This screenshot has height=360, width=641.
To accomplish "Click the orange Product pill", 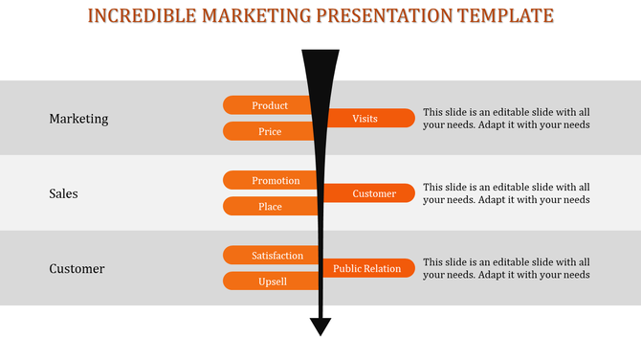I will pyautogui.click(x=268, y=105).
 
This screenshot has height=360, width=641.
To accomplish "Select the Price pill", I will pyautogui.click(x=268, y=131).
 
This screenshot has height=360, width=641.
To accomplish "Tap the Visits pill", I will pyautogui.click(x=368, y=119).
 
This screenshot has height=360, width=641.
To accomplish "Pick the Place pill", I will pyautogui.click(x=268, y=206).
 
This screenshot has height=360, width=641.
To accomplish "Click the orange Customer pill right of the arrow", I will pyautogui.click(x=373, y=193).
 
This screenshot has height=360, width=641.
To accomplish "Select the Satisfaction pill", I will pyautogui.click(x=272, y=256).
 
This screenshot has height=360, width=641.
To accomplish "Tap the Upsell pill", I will pyautogui.click(x=268, y=281).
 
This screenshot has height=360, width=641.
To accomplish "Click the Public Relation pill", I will pyautogui.click(x=369, y=269).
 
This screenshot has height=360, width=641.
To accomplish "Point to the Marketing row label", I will pyautogui.click(x=78, y=119).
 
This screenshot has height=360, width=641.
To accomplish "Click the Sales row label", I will pyautogui.click(x=63, y=193).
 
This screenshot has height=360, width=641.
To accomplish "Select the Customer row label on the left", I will pyautogui.click(x=77, y=269).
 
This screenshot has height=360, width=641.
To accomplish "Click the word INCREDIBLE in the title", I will pyautogui.click(x=139, y=15).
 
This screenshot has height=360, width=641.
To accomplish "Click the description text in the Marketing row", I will pyautogui.click(x=506, y=118).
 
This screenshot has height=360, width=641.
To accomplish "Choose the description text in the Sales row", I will pyautogui.click(x=506, y=193).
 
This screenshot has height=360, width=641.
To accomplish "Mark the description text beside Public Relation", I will pyautogui.click(x=506, y=268).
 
